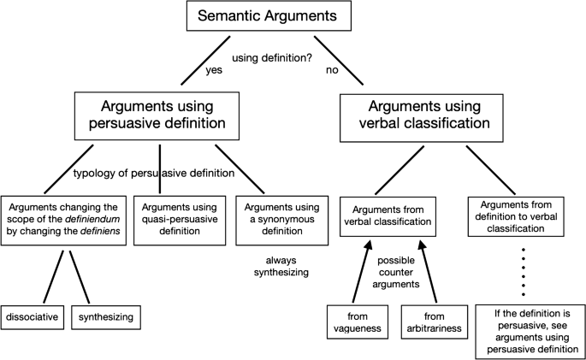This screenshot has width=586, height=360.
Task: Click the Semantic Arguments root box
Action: click(293, 17)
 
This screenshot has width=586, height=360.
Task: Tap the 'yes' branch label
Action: click(214, 71)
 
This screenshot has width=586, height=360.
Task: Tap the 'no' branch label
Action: click(332, 71)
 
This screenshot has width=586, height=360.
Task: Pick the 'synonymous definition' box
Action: click(281, 213)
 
